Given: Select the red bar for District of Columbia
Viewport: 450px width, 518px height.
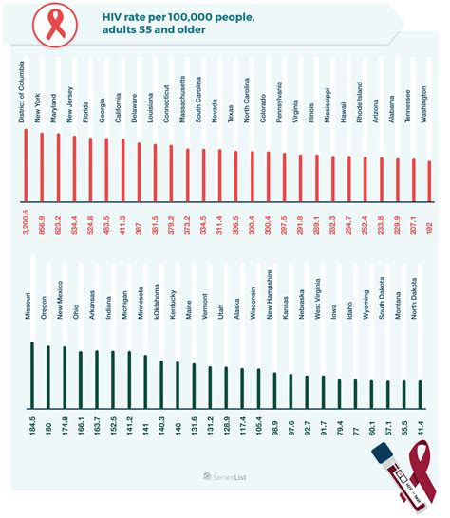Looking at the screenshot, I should [25, 161].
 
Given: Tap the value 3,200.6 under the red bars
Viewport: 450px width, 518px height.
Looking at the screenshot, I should [25, 220].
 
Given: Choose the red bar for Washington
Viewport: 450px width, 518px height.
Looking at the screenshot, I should [429, 176].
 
